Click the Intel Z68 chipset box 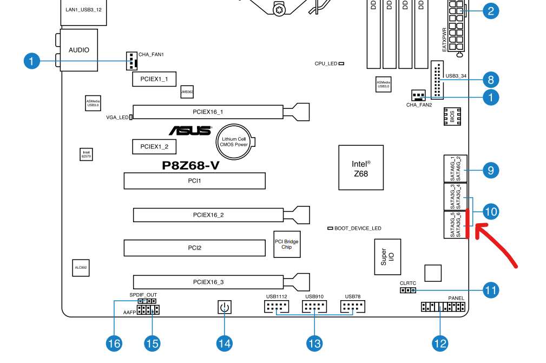click(360, 167)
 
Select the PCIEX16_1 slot click(208, 112)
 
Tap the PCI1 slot click(194, 180)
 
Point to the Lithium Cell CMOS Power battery click(234, 141)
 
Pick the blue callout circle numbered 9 click(490, 170)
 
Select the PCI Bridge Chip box click(286, 244)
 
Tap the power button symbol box click(225, 308)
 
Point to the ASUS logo click(190, 131)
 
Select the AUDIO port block click(79, 50)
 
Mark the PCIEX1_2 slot click(154, 146)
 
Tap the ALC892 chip click(81, 267)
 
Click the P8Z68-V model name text click(190, 166)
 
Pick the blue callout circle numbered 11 click(490, 290)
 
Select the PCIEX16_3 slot click(208, 282)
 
